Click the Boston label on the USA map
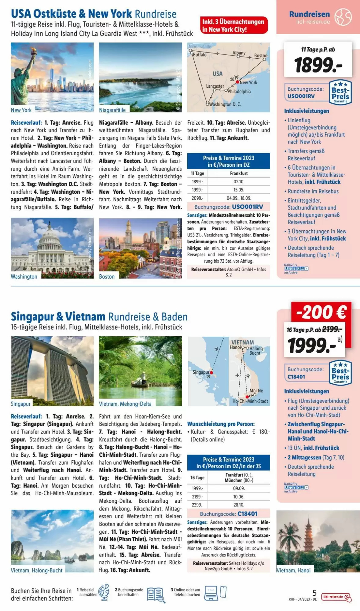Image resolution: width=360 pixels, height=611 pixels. pos(261,56)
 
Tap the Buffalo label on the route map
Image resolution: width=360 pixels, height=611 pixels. pos(200,55)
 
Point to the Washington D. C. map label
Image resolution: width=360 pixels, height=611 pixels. pos(225,104)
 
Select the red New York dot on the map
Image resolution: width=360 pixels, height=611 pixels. pos(237,82)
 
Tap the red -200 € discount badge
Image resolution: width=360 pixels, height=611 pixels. pos(321,312)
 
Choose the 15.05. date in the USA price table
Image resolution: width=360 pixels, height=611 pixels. pos(239,190)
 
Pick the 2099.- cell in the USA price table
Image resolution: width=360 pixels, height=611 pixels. pos(197,198)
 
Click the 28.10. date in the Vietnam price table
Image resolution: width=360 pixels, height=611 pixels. pos(239,505)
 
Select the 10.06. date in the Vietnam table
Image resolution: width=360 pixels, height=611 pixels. pos(239,497)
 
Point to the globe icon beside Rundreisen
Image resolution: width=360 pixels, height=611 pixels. pos(343,17)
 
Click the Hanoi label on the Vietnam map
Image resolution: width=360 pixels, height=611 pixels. pos(235,347)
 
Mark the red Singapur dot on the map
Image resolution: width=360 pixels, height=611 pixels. pos(211,373)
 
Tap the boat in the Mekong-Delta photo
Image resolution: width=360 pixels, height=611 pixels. pos(140,382)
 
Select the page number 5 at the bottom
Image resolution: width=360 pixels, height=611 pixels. pos(314,593)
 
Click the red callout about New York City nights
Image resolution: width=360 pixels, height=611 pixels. pos(234,25)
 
